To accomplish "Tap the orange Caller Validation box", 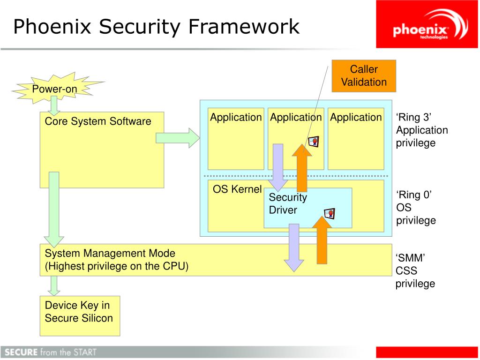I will coord(364,76).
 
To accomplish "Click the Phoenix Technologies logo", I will coord(427,24).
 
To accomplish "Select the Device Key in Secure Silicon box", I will coord(80,315).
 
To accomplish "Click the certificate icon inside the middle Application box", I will coord(313,142).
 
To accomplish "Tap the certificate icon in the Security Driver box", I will coord(330,214).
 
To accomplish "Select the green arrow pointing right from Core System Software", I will coord(178,137).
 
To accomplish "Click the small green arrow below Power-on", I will coord(54,105).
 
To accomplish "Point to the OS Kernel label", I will coord(237,189).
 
